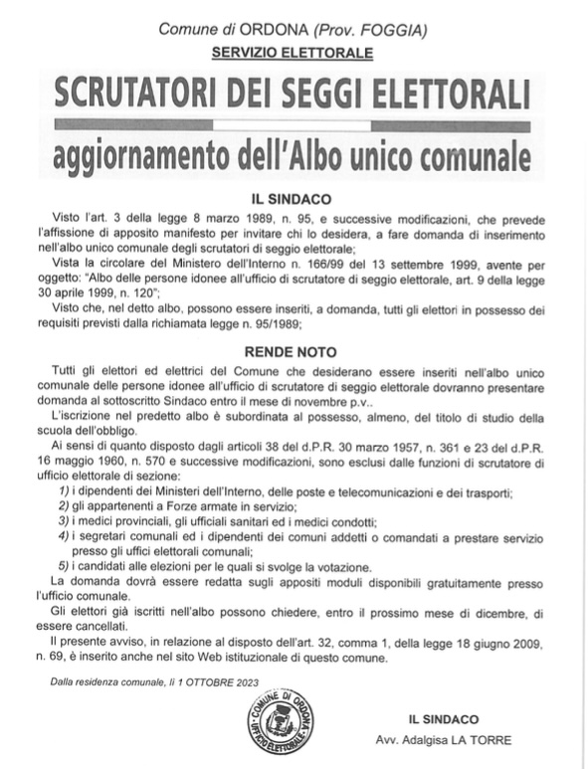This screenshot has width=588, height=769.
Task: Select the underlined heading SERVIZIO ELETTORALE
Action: (293, 52)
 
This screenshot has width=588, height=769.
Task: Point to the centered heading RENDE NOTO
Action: (293, 351)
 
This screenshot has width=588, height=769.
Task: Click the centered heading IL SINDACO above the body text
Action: (293, 199)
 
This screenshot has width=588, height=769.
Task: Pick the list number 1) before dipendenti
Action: (63, 494)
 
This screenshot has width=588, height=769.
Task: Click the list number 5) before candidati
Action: (63, 566)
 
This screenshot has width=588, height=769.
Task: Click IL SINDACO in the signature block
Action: (443, 718)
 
